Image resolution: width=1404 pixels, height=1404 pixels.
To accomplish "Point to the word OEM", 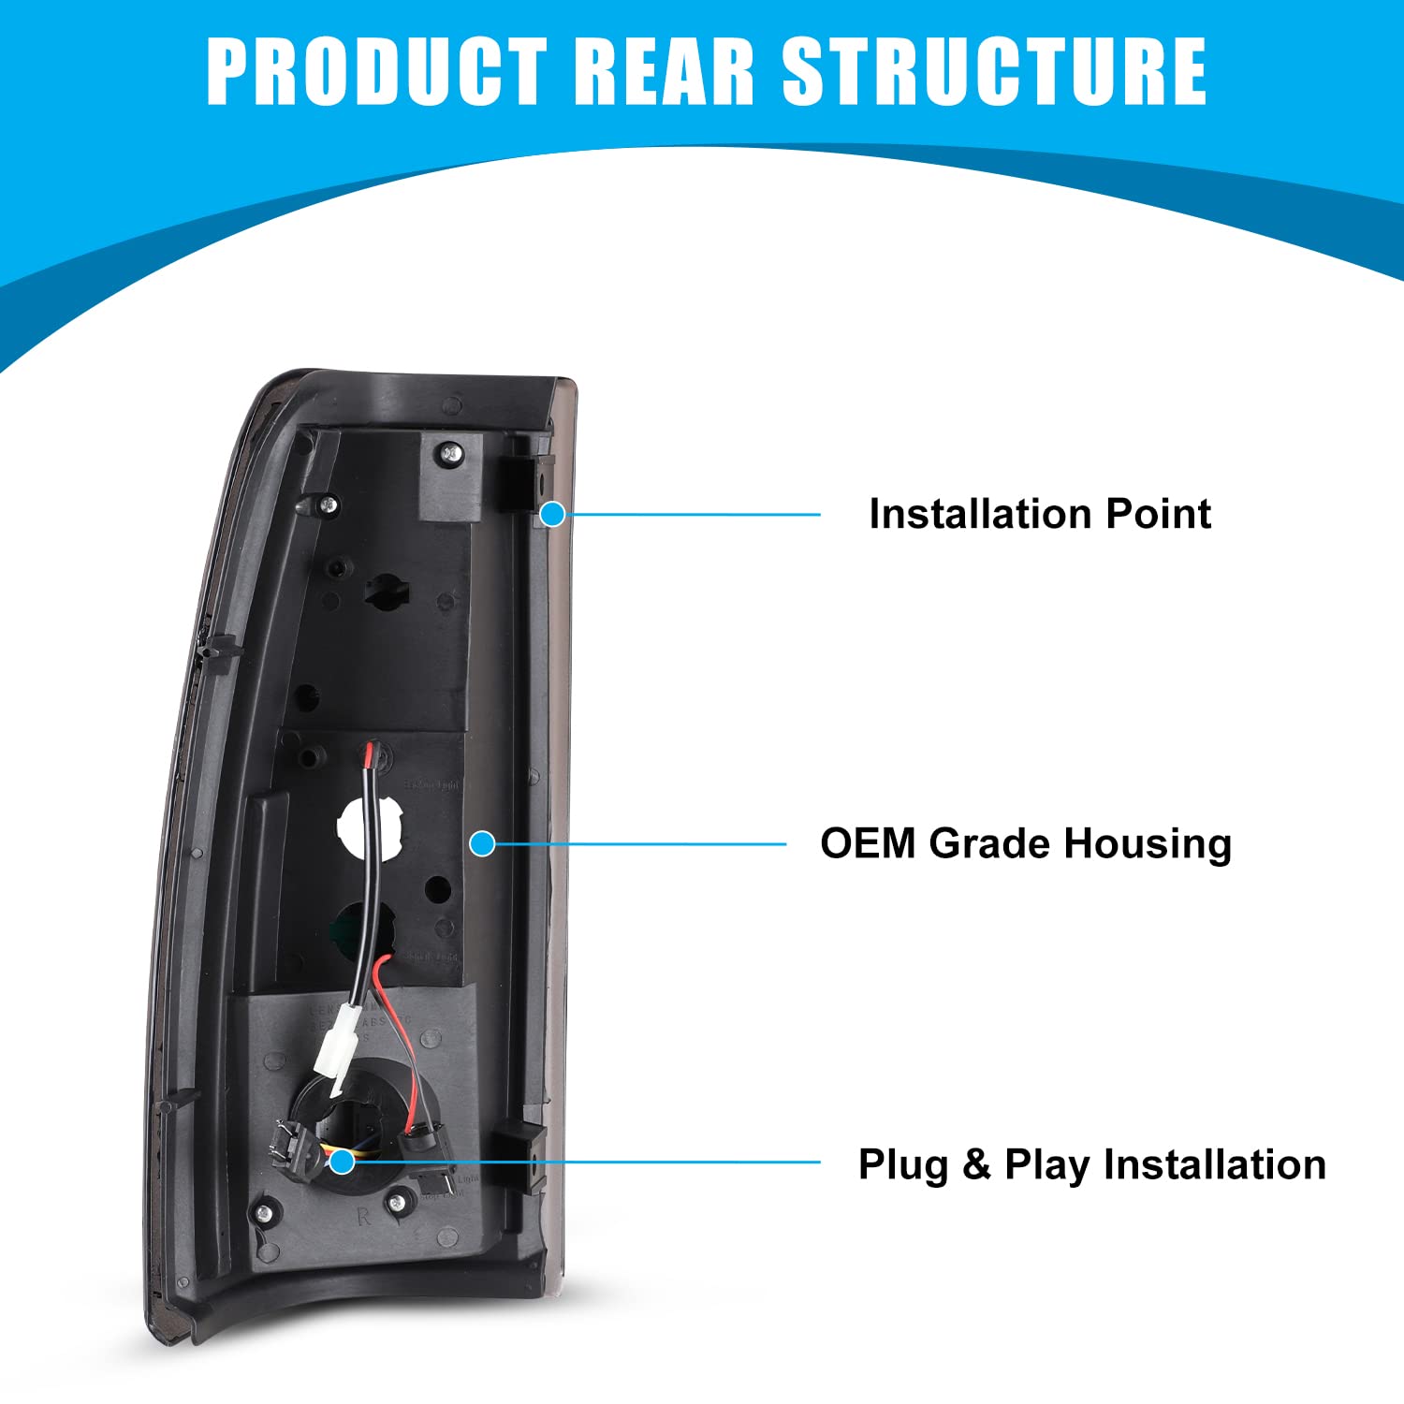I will point(868,843).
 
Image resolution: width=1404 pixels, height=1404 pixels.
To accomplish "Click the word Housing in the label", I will point(1148,844).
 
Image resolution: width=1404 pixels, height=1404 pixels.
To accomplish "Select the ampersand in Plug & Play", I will point(976,1165).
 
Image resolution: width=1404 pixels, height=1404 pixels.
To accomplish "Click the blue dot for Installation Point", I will point(553,514).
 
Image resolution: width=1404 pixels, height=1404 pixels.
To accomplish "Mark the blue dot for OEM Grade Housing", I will point(482,843).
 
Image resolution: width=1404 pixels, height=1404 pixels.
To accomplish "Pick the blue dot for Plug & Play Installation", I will point(343,1162).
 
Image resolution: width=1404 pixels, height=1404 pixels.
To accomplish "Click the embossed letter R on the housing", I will point(363,1218).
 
